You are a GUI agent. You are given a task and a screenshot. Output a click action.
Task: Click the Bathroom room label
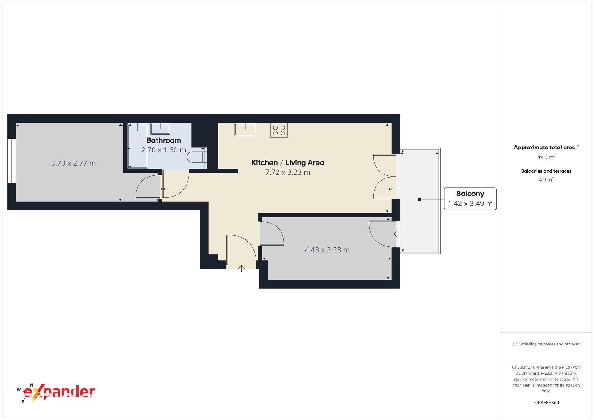[164, 140]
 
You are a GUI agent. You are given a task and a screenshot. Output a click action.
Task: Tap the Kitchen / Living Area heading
[288, 163]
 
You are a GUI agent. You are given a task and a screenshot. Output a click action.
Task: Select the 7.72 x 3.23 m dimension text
[288, 173]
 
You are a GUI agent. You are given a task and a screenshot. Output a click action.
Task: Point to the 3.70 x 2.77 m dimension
[73, 163]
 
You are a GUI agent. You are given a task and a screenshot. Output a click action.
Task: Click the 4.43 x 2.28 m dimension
[327, 250]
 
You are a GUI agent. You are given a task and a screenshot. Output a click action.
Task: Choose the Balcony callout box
[470, 199]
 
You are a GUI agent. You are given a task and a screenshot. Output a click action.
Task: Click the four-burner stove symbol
[279, 130]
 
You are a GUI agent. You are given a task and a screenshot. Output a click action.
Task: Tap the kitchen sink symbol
[245, 129]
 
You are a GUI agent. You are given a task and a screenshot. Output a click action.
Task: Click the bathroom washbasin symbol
[160, 129]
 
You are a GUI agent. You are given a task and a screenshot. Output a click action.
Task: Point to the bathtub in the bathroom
[138, 146]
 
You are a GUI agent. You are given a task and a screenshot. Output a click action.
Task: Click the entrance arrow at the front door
[242, 268]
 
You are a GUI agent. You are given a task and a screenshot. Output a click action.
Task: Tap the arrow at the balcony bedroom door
[396, 234]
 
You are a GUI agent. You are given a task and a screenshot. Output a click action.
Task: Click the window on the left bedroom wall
[12, 161]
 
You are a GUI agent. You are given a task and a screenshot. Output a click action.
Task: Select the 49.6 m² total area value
[546, 157]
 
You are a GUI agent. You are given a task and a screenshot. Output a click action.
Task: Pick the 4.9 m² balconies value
[546, 179]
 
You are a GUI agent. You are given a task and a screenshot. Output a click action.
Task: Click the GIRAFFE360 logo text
[546, 403]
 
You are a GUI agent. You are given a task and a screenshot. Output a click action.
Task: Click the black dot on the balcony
[420, 199]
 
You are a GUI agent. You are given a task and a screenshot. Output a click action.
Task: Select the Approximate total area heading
[546, 147]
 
